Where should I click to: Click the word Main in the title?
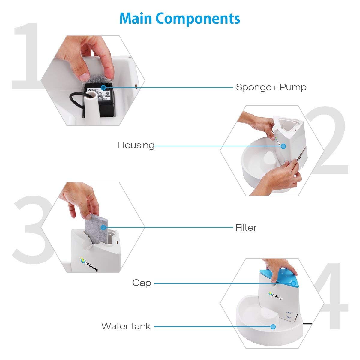[136, 19]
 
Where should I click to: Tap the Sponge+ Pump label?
[271, 87]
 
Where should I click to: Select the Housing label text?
[136, 145]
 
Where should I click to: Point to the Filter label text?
[246, 227]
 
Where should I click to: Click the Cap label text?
[142, 283]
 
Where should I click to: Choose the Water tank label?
[126, 326]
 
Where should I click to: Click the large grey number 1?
[25, 57]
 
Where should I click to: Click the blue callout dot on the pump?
[103, 87]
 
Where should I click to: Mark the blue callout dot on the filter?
[103, 228]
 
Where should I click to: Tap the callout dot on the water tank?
[273, 326]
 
